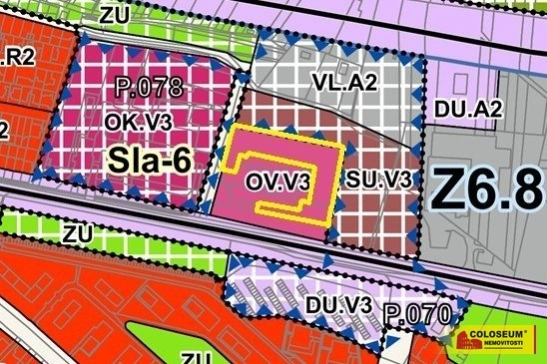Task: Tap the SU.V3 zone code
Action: coord(380,180)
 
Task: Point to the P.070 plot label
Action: coord(420,316)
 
